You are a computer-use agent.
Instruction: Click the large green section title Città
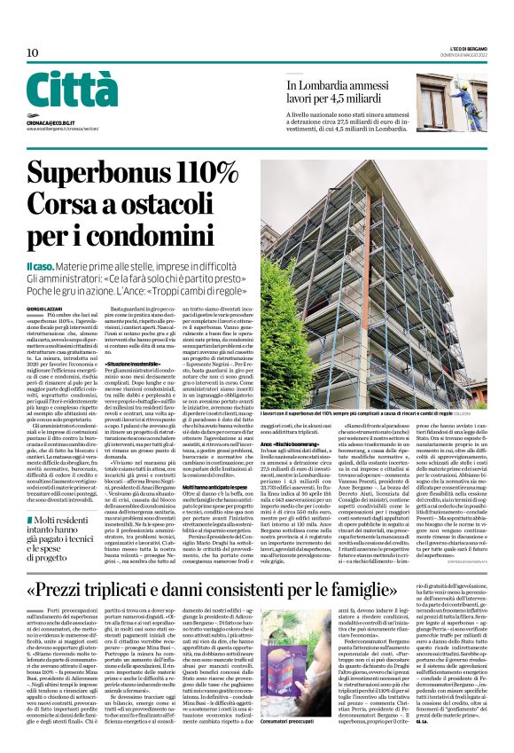point(72,90)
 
